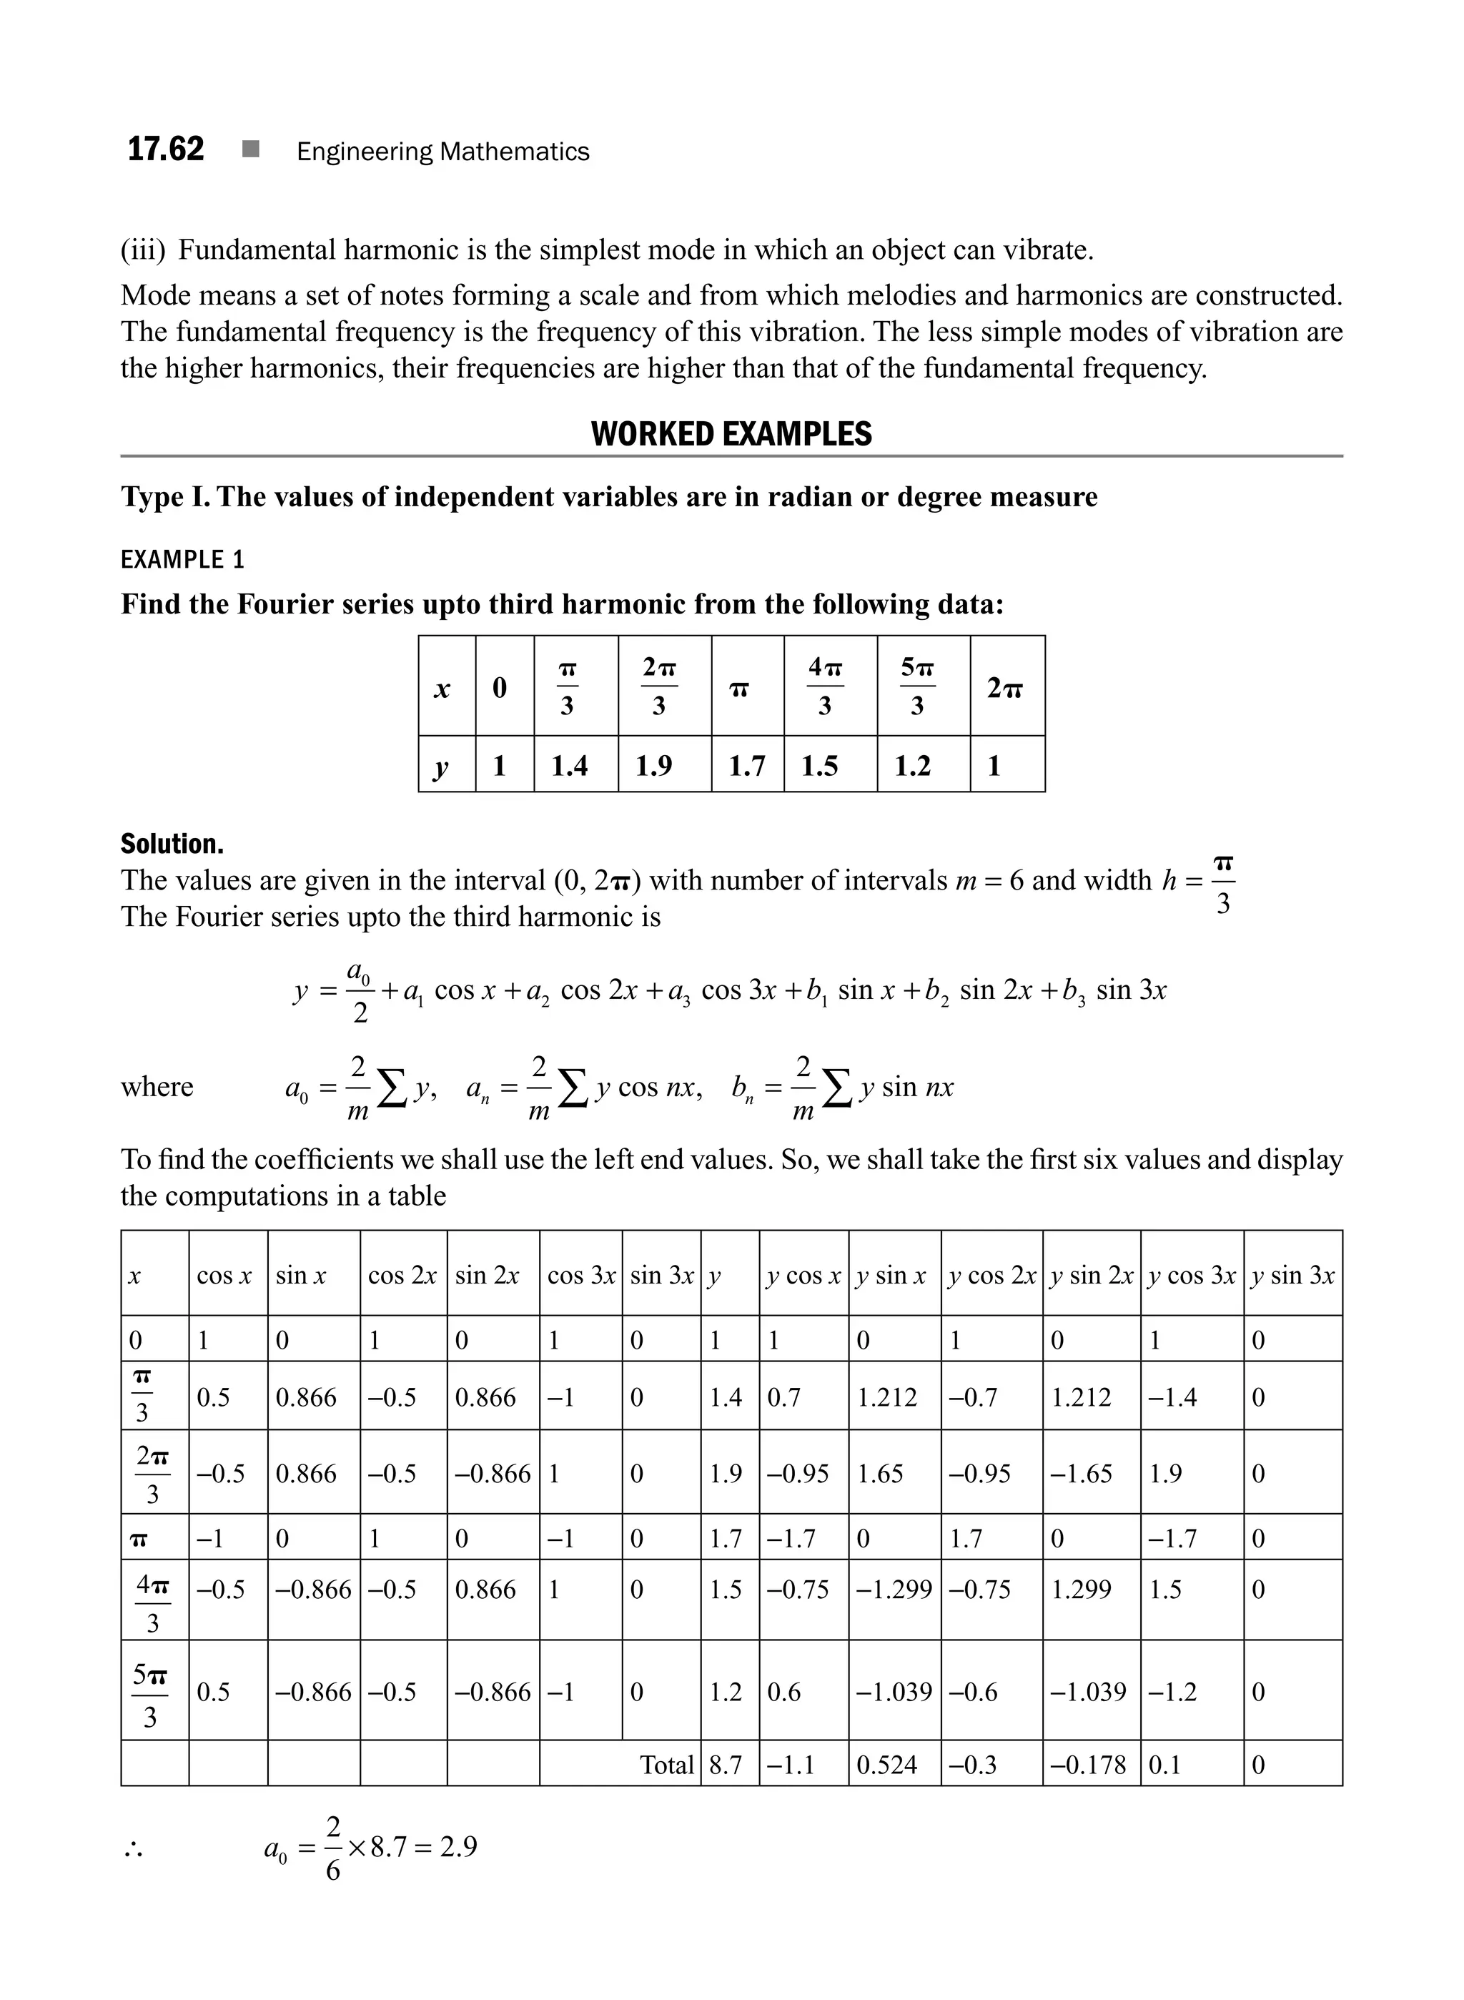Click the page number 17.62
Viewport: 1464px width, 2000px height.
(x=166, y=149)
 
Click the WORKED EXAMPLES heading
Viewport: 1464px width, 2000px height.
(x=731, y=435)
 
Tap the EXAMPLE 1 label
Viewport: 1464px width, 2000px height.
(x=182, y=559)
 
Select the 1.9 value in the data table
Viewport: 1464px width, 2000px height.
(x=654, y=765)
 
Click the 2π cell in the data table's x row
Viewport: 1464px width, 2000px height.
(x=1005, y=687)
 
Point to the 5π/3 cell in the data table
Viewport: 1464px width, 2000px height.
(x=917, y=686)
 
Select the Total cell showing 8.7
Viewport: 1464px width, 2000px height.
(x=725, y=1764)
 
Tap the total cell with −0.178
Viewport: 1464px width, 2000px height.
(x=1087, y=1764)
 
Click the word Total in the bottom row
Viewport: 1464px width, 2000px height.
(x=666, y=1764)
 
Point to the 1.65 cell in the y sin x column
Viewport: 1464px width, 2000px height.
(x=880, y=1474)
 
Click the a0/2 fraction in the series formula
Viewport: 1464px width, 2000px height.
(x=360, y=991)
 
